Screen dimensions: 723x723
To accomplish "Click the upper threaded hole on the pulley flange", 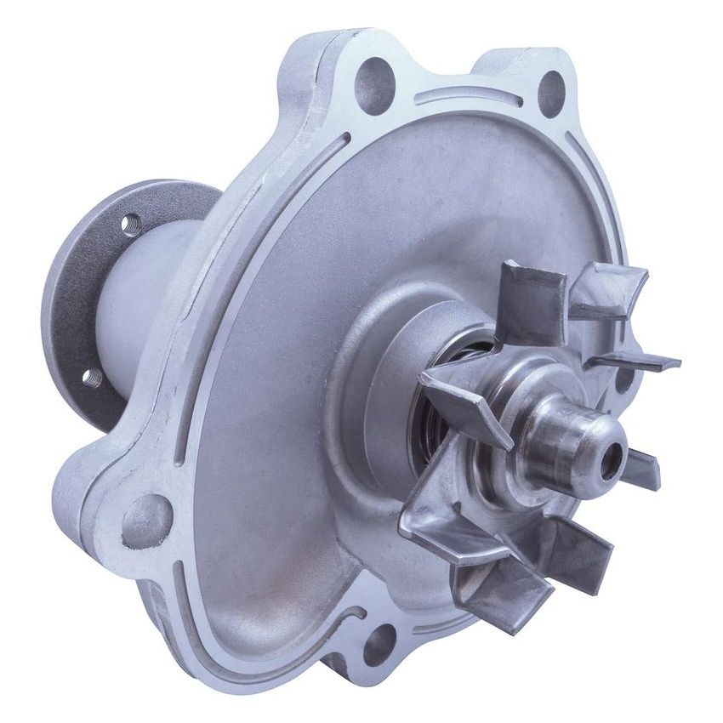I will point(130,225).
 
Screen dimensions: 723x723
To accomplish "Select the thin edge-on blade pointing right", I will point(634,361).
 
